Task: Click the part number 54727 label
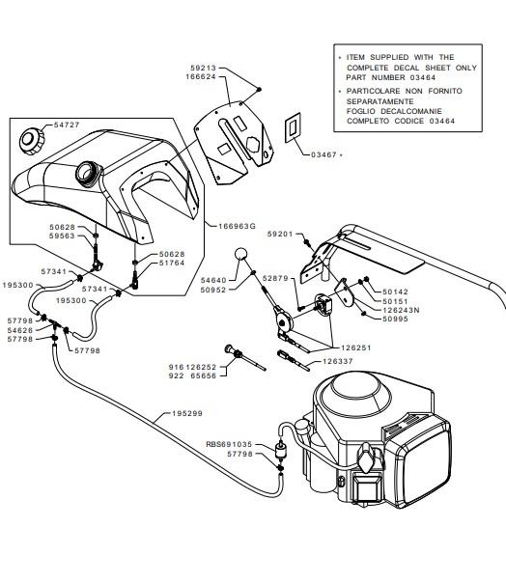(x=67, y=125)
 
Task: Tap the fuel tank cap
(x=31, y=141)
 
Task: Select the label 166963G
(x=237, y=226)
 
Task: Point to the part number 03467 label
(x=323, y=154)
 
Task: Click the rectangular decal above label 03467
(x=293, y=127)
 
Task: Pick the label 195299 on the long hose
(x=187, y=413)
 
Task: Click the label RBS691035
(x=229, y=444)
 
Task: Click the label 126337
(x=338, y=361)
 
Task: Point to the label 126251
(x=356, y=348)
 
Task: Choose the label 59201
(x=280, y=235)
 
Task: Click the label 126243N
(x=401, y=310)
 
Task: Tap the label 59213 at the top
(x=203, y=68)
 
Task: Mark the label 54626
(x=20, y=330)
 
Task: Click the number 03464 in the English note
(x=423, y=78)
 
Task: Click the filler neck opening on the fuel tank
(x=89, y=172)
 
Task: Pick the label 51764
(x=172, y=263)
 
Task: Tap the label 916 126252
(x=192, y=367)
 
